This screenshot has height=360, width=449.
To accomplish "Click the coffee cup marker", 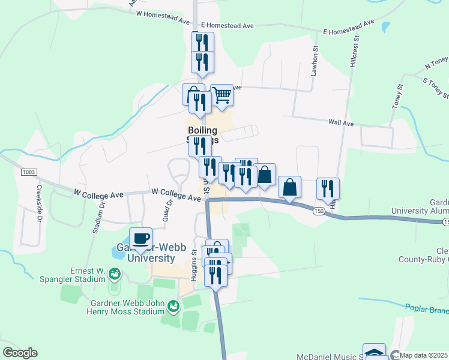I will (141, 238).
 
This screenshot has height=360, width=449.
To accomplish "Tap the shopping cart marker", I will (222, 95).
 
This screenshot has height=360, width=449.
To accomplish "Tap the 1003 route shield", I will (29, 172).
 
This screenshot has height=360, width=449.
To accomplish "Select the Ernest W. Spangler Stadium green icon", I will (114, 275).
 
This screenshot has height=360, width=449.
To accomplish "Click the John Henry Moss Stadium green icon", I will (173, 307).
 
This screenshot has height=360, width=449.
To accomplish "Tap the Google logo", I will (20, 353).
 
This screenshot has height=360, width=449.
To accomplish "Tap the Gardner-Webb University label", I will (142, 253).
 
